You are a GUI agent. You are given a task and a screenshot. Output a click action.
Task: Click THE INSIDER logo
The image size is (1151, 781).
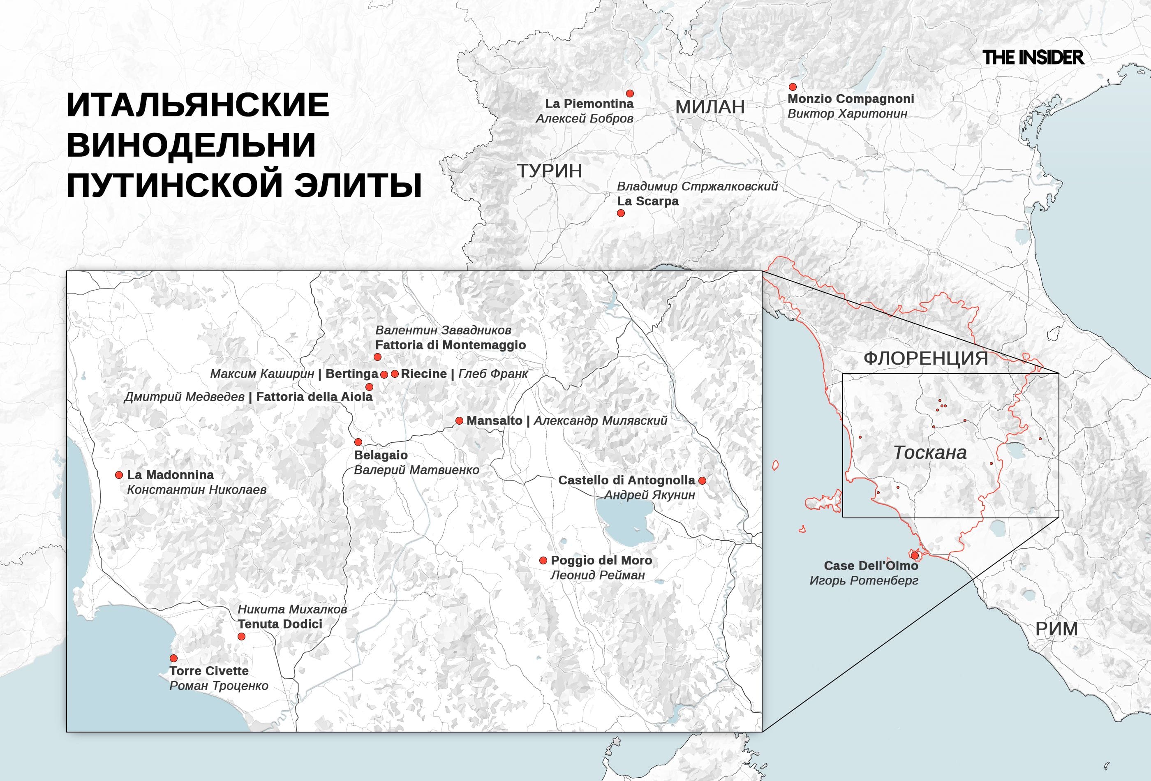click(1033, 58)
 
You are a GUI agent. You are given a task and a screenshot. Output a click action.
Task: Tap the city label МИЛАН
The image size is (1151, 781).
click(710, 107)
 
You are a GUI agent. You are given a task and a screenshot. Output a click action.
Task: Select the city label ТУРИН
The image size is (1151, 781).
click(549, 171)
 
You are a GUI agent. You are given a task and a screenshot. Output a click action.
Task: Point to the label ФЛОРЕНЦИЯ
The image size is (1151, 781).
click(926, 358)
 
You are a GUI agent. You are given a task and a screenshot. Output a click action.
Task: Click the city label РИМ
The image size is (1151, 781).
click(1056, 629)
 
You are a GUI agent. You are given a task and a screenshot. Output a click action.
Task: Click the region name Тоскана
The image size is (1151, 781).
click(929, 453)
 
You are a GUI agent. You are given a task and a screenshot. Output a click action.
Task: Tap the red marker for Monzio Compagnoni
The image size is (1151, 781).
click(793, 87)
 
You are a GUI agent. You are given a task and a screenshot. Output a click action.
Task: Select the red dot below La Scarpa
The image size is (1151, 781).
click(621, 213)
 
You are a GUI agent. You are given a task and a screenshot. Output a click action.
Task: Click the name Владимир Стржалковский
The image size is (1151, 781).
click(697, 186)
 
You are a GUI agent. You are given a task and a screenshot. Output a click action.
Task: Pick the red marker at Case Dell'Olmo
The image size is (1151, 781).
click(914, 556)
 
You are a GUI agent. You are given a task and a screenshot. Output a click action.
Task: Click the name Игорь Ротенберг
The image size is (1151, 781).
click(864, 580)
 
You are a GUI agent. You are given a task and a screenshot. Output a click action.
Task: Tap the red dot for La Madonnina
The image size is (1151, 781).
click(119, 475)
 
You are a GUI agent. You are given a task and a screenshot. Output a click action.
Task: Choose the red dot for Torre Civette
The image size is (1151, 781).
click(174, 658)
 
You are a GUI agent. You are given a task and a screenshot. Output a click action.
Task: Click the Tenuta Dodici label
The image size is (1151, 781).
click(280, 624)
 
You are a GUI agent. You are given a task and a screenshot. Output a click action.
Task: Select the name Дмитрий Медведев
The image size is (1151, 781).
click(184, 397)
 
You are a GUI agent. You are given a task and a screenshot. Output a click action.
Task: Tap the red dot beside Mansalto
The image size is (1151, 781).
click(460, 421)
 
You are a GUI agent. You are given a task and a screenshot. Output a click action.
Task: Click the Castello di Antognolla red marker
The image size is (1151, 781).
click(702, 481)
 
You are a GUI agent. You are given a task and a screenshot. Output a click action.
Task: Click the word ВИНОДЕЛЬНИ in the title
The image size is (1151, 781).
click(191, 145)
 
